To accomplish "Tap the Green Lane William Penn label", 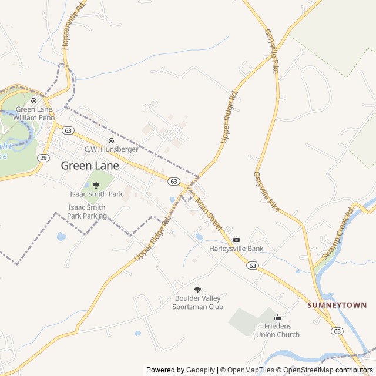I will point(34,113).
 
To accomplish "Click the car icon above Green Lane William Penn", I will point(33,100).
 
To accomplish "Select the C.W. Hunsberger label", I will point(111,149).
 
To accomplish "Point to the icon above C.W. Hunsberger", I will point(111,140).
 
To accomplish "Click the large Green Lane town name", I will point(90,166).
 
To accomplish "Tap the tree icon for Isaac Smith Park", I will point(96,185).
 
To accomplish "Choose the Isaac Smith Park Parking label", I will point(87,211).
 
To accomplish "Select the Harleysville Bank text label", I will point(236,249).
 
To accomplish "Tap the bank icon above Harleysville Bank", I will point(236,240).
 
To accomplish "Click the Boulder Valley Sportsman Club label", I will point(199,303).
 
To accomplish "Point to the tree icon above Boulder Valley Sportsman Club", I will point(197,289).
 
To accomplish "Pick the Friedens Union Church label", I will point(277,330).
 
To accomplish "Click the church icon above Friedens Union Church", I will point(277,318).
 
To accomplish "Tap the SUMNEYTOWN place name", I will point(337,305).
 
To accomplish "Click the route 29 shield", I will point(43,157).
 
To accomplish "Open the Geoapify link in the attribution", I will point(200,370).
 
